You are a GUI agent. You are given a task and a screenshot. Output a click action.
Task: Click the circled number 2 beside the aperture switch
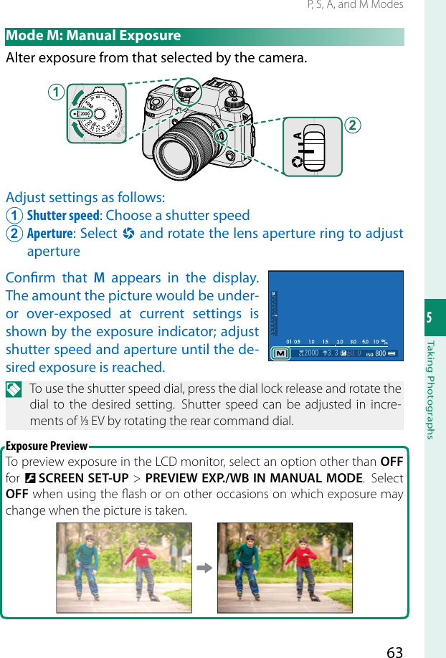353,125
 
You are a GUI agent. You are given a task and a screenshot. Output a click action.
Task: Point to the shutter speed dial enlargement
96,114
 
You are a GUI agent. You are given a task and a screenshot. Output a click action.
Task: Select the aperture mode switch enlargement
312,146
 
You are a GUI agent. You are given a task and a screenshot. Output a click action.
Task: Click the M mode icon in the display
281,353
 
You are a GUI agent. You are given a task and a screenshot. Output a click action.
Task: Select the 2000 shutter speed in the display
310,354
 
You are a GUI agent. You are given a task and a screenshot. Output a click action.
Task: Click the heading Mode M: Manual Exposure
93,37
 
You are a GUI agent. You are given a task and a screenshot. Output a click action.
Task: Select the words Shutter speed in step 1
63,216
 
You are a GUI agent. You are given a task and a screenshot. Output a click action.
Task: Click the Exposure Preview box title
47,446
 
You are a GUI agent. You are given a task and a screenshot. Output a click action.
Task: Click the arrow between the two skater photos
204,568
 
